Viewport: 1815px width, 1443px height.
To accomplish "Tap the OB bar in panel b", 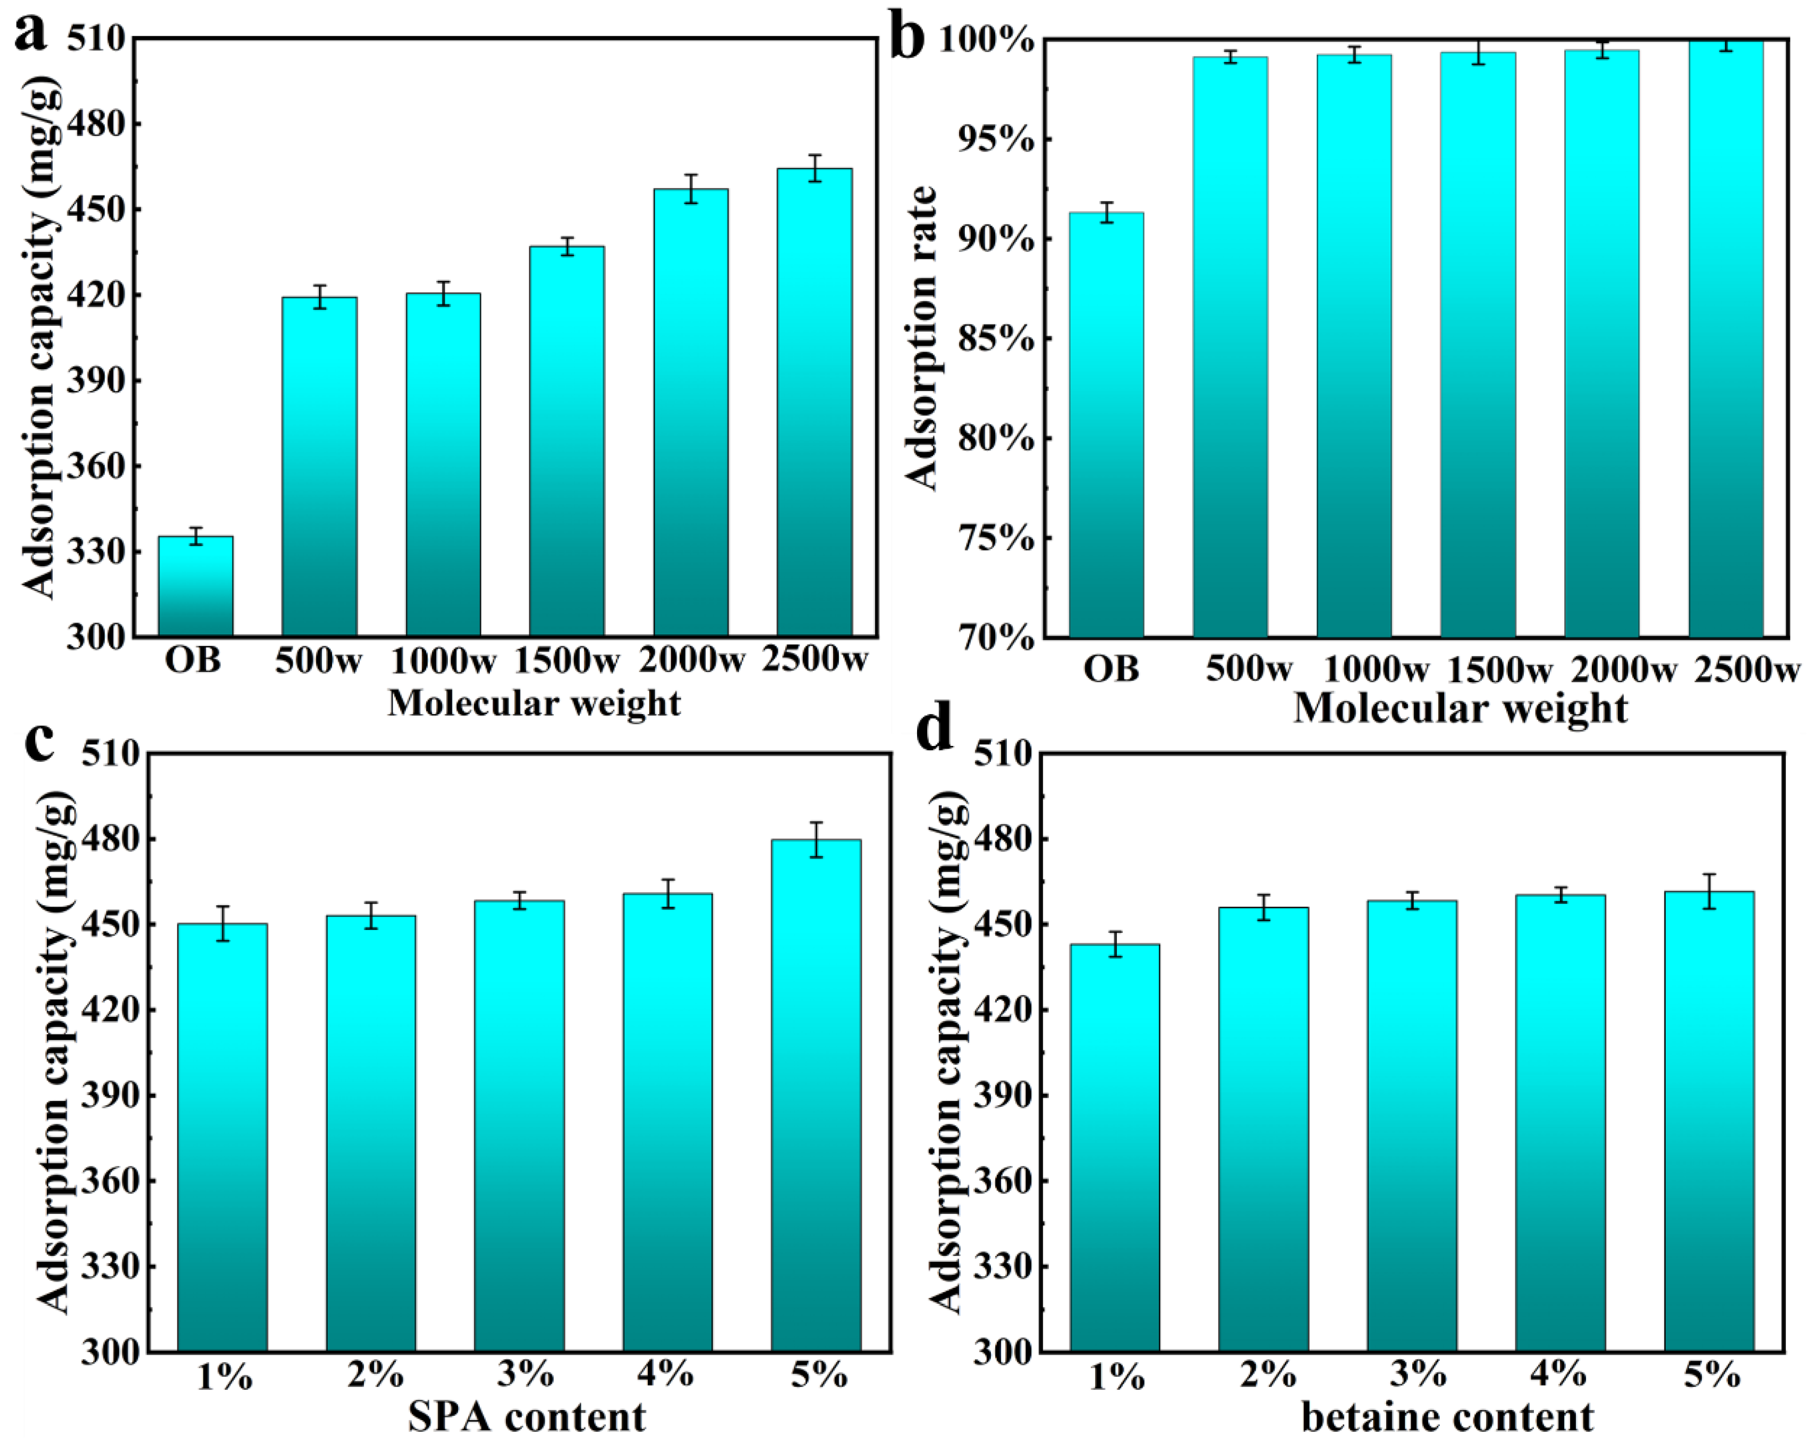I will tap(1106, 425).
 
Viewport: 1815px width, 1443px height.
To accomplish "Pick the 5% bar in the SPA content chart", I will tap(816, 1094).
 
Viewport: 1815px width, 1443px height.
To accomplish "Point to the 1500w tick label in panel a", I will tap(566, 661).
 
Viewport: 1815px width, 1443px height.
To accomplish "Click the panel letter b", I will tap(906, 39).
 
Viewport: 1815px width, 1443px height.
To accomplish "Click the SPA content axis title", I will tap(527, 1416).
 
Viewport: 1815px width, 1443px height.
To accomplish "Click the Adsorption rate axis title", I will tap(923, 338).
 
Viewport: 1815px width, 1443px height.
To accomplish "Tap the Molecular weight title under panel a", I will tap(534, 703).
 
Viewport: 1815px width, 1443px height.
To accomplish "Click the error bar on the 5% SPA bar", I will tap(816, 839).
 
